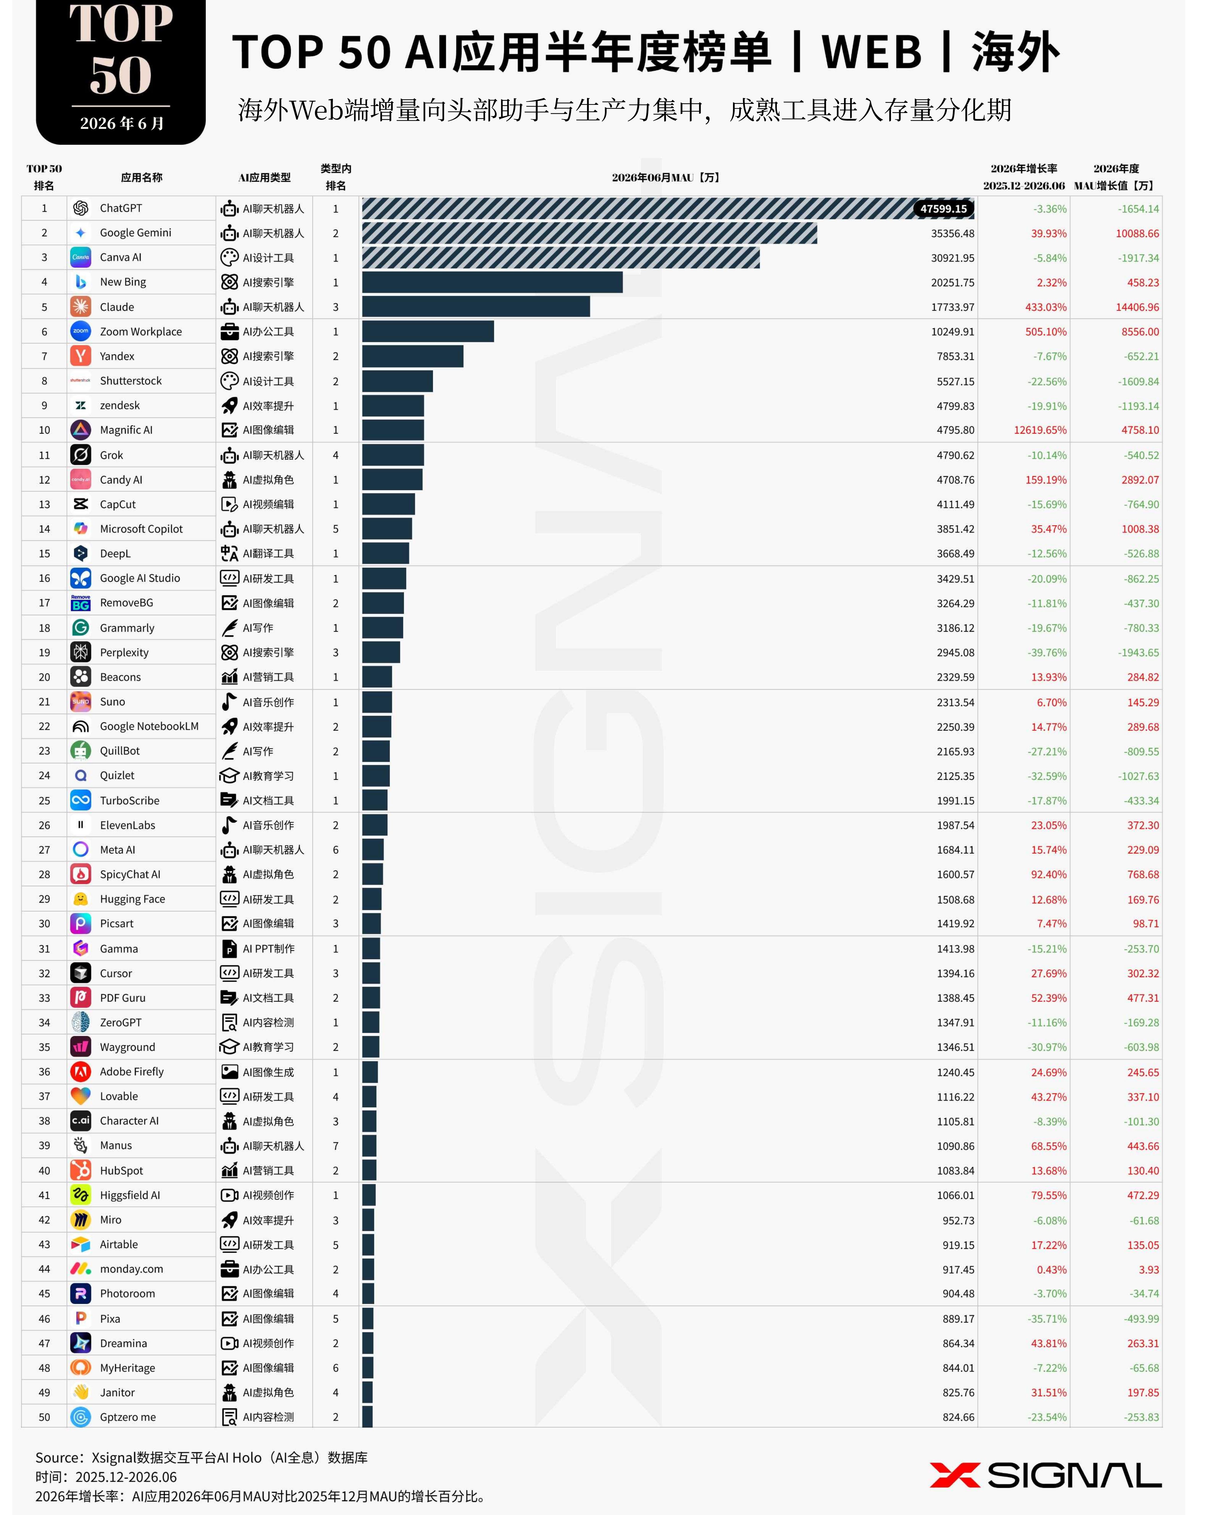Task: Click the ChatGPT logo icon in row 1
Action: pos(81,208)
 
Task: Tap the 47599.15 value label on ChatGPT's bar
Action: pos(943,209)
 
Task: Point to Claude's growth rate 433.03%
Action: pos(1046,307)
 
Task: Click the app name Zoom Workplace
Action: pos(141,332)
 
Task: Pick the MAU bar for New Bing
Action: pos(492,283)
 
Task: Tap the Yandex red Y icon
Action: pos(81,356)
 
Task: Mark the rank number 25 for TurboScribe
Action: pos(44,800)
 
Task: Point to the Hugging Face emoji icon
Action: pos(81,899)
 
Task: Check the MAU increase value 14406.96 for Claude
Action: pos(1137,307)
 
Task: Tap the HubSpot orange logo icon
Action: pos(81,1170)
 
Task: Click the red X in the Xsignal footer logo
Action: pos(955,1475)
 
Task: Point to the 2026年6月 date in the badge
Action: pos(122,124)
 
